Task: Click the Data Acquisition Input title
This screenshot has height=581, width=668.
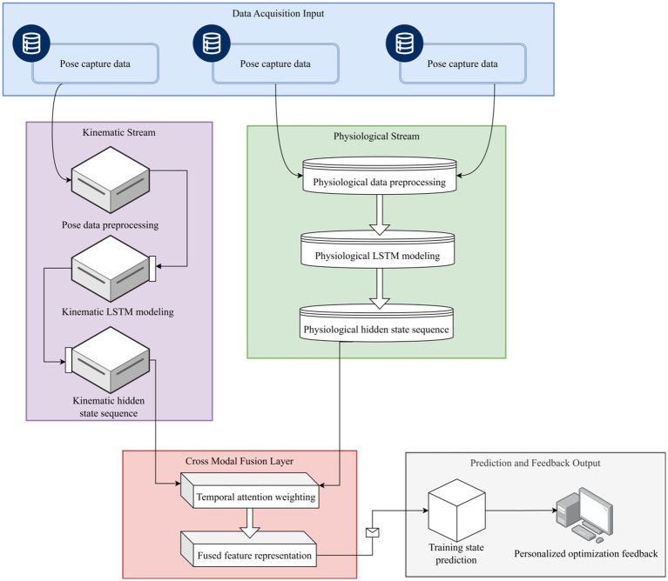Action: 278,14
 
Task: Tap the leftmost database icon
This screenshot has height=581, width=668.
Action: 31,43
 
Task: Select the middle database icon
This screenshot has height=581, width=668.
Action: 212,43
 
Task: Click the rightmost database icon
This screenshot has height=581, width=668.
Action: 404,43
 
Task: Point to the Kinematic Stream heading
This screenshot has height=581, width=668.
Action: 118,132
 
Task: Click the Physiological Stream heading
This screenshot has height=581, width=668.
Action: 376,136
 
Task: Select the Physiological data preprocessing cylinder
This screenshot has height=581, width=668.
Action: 379,176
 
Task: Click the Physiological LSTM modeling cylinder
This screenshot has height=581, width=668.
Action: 377,250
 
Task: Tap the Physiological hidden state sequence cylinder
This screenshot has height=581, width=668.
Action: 376,323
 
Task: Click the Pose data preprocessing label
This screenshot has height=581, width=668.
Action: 110,225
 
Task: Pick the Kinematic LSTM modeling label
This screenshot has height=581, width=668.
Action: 118,311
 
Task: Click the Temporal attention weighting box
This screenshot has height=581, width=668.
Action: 250,491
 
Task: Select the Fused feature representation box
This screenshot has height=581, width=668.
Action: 249,549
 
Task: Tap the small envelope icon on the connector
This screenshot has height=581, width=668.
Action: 373,532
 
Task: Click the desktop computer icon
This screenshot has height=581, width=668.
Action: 584,515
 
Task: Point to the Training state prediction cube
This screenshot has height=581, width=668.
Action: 456,510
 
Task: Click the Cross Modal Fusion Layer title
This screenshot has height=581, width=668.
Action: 240,461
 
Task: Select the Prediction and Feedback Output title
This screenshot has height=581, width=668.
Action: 535,463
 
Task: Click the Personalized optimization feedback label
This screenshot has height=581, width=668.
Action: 586,553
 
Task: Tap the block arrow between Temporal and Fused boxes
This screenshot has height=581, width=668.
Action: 250,523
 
